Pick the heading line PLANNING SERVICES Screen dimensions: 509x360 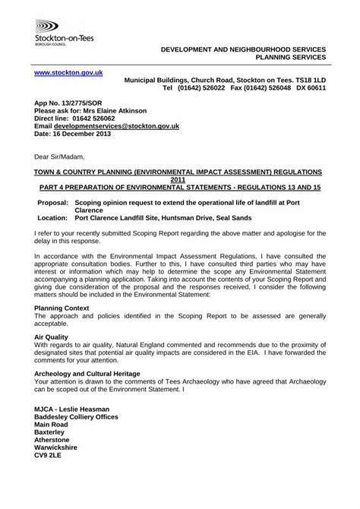point(289,56)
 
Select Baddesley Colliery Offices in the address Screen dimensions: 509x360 point(84,416)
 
